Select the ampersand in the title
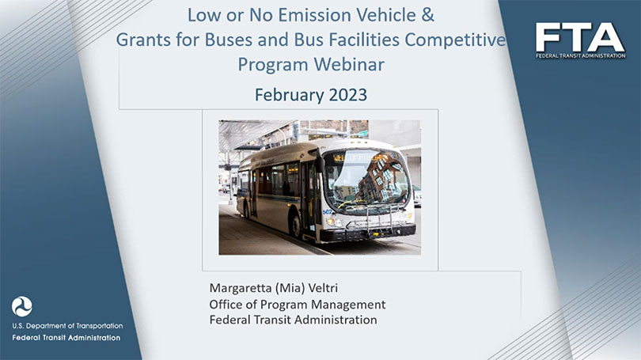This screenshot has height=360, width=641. (x=427, y=16)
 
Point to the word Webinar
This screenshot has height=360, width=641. (x=349, y=65)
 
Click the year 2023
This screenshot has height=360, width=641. (x=348, y=95)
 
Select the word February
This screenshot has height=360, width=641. (x=290, y=95)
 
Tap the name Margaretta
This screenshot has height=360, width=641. (x=240, y=289)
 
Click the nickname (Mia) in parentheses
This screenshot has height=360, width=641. (x=290, y=288)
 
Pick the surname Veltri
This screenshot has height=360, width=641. (x=323, y=288)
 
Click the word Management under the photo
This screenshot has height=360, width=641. (x=348, y=305)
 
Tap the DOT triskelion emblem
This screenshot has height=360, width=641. (x=21, y=306)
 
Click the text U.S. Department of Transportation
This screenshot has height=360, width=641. (x=67, y=326)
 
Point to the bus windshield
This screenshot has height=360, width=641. (x=367, y=180)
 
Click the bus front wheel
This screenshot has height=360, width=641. (x=296, y=226)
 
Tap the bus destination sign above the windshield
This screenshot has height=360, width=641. (x=361, y=157)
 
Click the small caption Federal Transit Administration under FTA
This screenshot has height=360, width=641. (x=581, y=56)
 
